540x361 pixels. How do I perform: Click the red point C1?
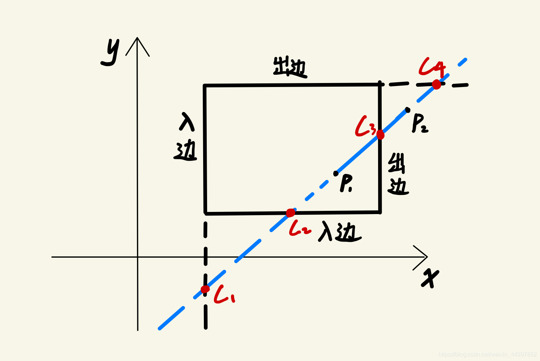pyautogui.click(x=205, y=289)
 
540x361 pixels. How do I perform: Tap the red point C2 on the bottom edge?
pyautogui.click(x=291, y=213)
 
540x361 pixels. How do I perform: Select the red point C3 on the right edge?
pyautogui.click(x=380, y=135)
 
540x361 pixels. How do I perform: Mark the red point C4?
pyautogui.click(x=437, y=84)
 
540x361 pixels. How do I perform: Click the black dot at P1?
pyautogui.click(x=336, y=174)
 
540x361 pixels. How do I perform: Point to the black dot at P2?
pyautogui.click(x=408, y=109)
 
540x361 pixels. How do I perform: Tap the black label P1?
pyautogui.click(x=346, y=183)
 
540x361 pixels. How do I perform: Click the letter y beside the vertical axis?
pyautogui.click(x=110, y=52)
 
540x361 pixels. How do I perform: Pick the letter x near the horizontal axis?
pyautogui.click(x=430, y=278)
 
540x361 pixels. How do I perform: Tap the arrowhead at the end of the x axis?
pyautogui.click(x=426, y=257)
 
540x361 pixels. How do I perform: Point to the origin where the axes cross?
pyautogui.click(x=138, y=257)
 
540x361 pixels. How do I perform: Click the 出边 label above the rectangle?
pyautogui.click(x=290, y=68)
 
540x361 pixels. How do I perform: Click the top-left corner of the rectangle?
pyautogui.click(x=205, y=86)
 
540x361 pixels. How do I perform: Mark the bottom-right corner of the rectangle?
pyautogui.click(x=380, y=212)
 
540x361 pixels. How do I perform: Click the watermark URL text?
pyautogui.click(x=487, y=355)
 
